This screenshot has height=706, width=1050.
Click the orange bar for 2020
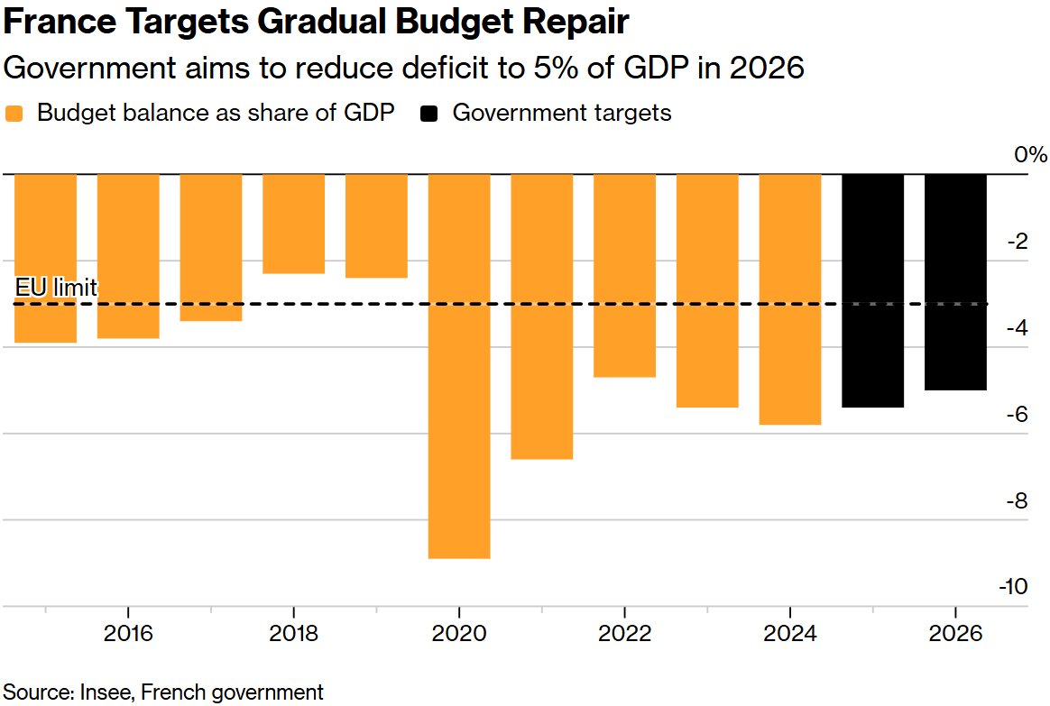tap(459, 365)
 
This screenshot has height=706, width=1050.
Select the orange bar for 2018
tap(293, 224)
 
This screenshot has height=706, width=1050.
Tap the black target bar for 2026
tap(955, 281)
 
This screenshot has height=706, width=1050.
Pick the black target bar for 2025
tap(872, 289)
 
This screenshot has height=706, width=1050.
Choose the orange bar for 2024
tap(790, 298)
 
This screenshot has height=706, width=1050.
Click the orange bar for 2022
tap(624, 275)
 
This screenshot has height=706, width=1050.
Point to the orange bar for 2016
tap(128, 256)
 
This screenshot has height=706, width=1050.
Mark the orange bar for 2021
tap(541, 316)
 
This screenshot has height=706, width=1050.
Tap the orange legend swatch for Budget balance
tap(14, 114)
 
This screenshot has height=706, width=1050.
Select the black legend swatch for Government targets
tap(430, 114)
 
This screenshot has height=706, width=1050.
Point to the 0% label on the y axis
tap(1029, 154)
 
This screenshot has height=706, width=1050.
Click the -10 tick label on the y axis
tap(1013, 587)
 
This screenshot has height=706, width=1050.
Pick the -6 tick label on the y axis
tap(1017, 414)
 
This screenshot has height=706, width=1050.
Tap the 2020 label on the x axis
tap(459, 633)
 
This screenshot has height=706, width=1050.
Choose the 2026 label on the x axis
tap(955, 633)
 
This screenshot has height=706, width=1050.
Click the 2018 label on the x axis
tap(293, 633)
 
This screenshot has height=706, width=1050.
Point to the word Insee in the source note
tap(107, 692)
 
